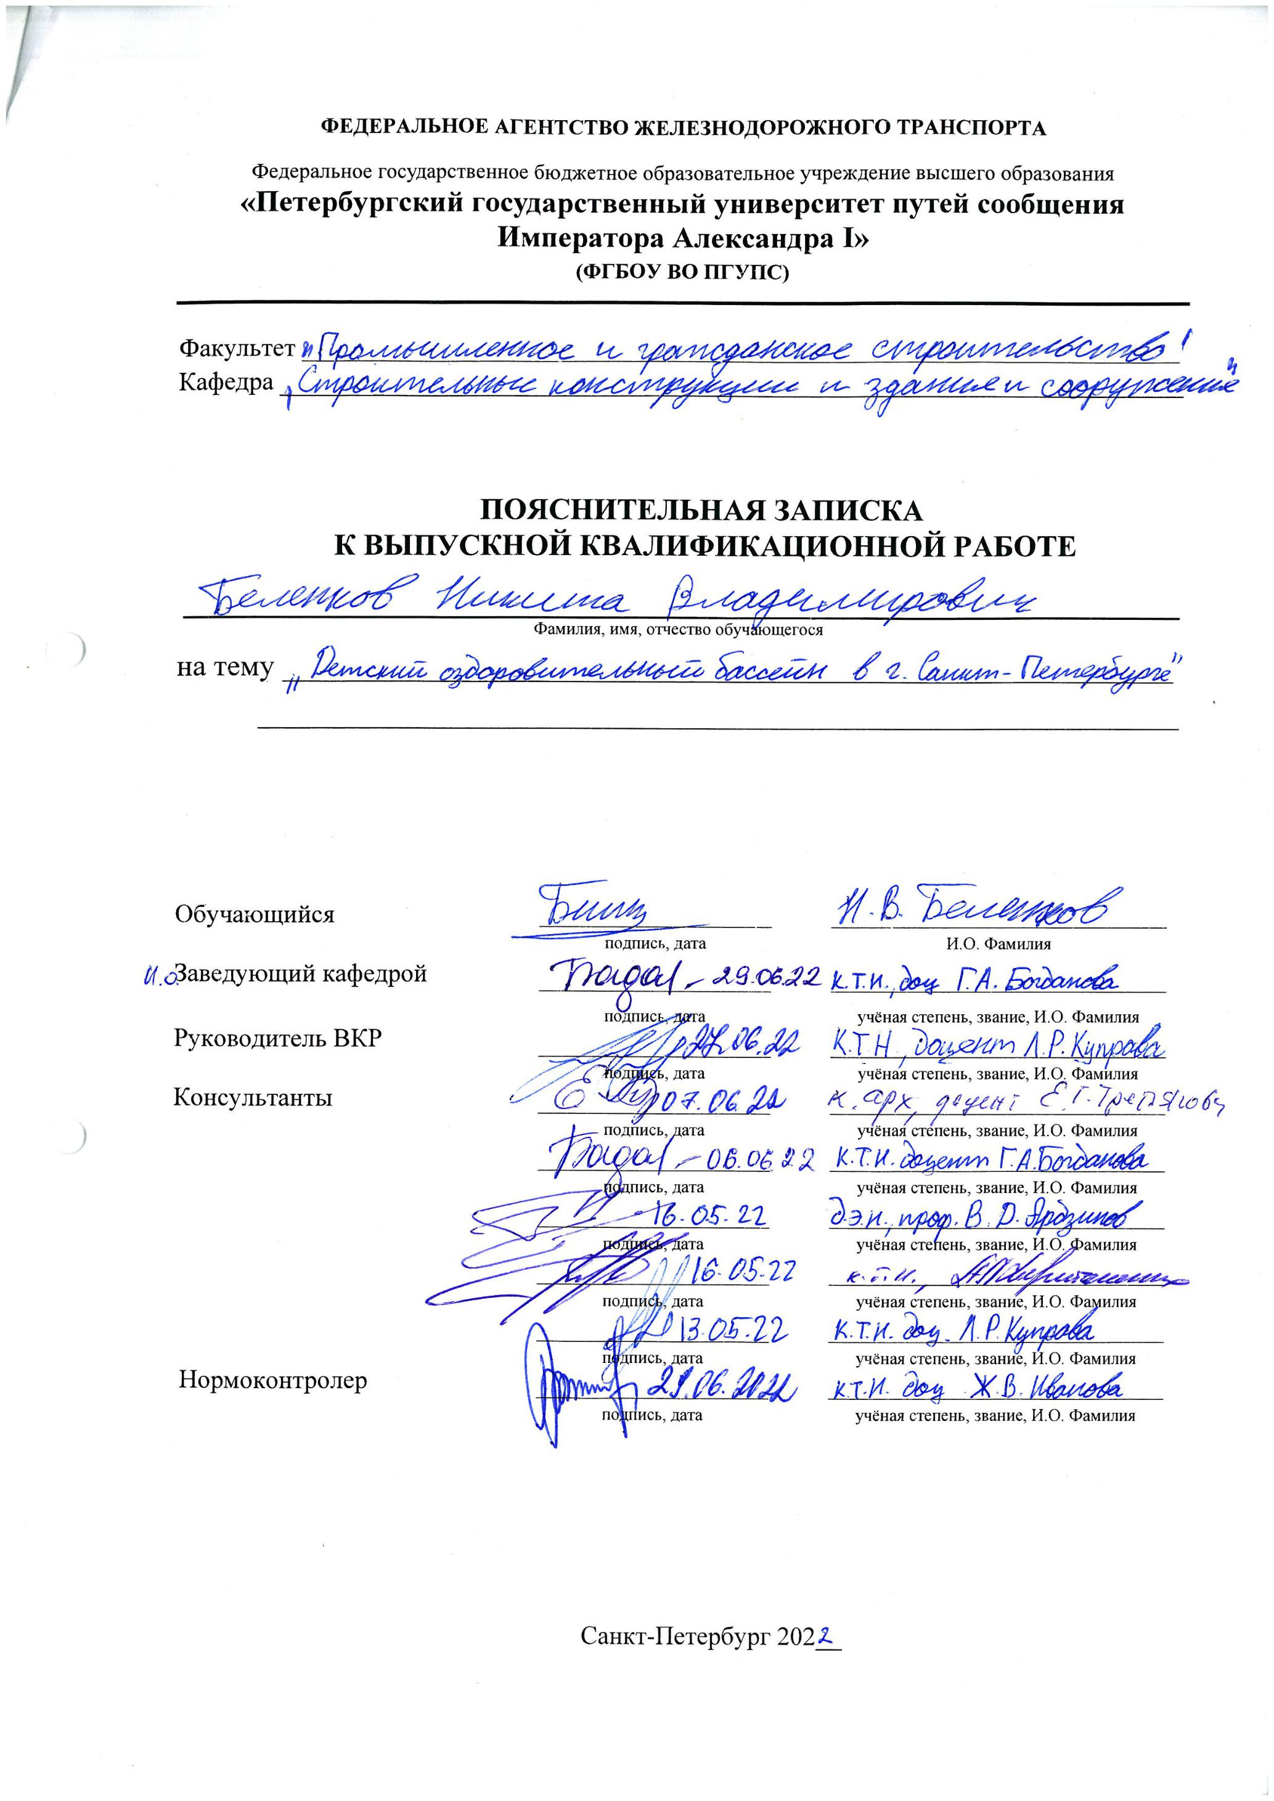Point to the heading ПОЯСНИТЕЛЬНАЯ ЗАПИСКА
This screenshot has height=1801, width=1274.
(701, 511)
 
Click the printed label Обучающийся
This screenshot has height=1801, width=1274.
(254, 914)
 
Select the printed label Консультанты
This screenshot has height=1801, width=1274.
(253, 1097)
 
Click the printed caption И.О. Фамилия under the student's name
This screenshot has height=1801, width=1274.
(998, 945)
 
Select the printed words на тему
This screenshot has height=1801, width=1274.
(225, 669)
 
